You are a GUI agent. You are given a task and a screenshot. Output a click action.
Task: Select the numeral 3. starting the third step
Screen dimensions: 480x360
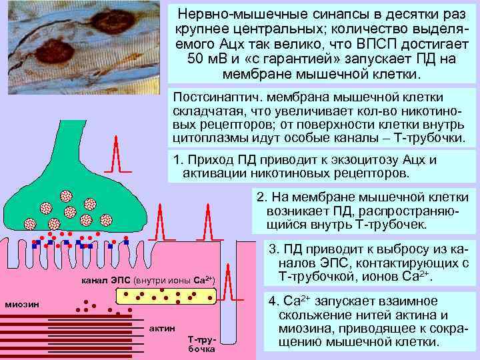pyautogui.click(x=273, y=250)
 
